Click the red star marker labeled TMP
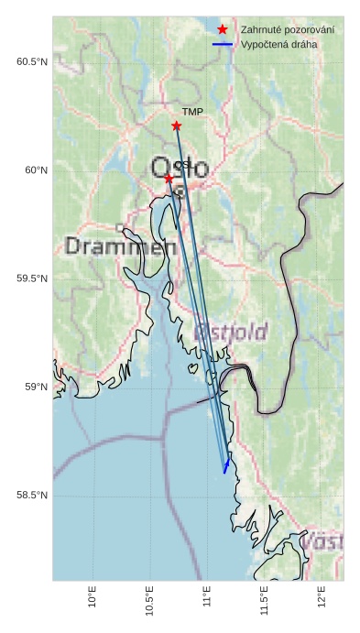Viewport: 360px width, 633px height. tap(177, 126)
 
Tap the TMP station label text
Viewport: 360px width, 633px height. tap(192, 113)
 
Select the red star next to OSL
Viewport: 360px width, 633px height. tap(169, 178)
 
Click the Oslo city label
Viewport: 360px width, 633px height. tap(180, 169)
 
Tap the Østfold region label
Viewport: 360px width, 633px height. tap(231, 331)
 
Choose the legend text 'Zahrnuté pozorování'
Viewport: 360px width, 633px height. tap(287, 30)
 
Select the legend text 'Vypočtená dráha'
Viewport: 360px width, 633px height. tap(278, 44)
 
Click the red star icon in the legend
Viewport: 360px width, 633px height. tap(223, 30)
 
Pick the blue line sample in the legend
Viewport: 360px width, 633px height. tap(223, 44)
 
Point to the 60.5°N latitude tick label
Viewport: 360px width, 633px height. tap(32, 62)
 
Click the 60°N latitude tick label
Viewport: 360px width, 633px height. tap(36, 170)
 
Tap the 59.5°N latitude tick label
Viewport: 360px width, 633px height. tap(32, 278)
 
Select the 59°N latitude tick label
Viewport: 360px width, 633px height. tap(36, 387)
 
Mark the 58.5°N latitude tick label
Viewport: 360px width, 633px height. tap(32, 496)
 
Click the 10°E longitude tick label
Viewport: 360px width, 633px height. tap(92, 596)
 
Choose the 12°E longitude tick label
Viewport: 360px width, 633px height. tap(321, 596)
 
